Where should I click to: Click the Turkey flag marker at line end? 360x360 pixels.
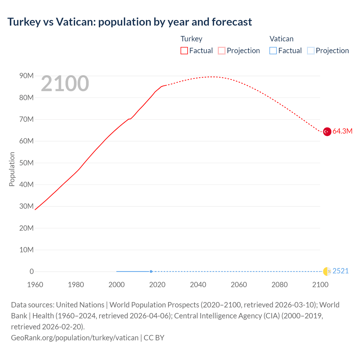[x=327, y=131]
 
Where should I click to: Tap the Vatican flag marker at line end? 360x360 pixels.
[x=327, y=271]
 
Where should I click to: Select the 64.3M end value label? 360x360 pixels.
[x=342, y=131]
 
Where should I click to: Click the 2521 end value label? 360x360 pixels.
[x=341, y=271]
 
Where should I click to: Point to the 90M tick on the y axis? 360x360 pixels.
[x=26, y=76]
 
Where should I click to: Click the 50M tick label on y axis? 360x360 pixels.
[x=26, y=163]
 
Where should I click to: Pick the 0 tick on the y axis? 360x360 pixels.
[x=31, y=271]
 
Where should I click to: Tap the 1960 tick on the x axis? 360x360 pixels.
[x=35, y=285]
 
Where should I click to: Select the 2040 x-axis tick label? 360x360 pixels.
[x=198, y=285]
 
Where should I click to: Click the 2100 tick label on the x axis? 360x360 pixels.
[x=320, y=285]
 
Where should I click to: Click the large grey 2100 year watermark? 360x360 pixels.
[x=65, y=84]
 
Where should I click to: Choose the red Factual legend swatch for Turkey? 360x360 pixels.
[x=184, y=51]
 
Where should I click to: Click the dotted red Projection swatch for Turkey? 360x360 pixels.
[x=222, y=51]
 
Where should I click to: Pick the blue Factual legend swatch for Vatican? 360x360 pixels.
[x=273, y=51]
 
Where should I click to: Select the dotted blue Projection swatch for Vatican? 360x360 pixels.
[x=311, y=51]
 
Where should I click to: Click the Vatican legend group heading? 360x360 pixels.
[x=281, y=39]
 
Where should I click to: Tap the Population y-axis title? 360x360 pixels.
[x=12, y=169]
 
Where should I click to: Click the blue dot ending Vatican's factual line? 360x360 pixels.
[x=151, y=271]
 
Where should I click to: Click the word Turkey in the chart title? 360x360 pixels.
[x=24, y=22]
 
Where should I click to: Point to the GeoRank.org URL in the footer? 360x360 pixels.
[x=75, y=338]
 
